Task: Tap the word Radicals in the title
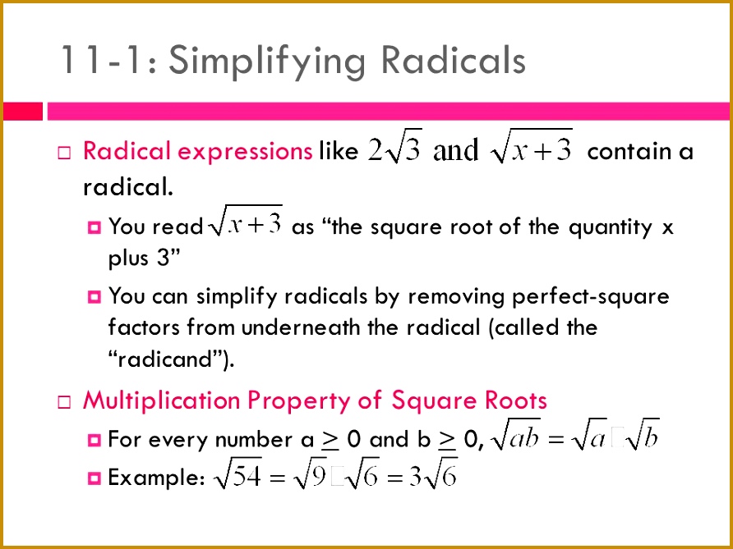pos(453,60)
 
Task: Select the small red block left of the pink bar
pos(23,112)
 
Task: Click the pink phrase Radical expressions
pos(197,151)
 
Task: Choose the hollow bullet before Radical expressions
pos(64,153)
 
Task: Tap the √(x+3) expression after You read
pos(247,222)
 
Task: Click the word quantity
pos(610,228)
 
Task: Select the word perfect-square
pos(590,297)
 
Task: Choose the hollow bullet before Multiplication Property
pos(64,402)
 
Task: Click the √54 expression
pos(237,475)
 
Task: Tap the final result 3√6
pos(432,475)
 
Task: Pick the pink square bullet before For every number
pos(94,440)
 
